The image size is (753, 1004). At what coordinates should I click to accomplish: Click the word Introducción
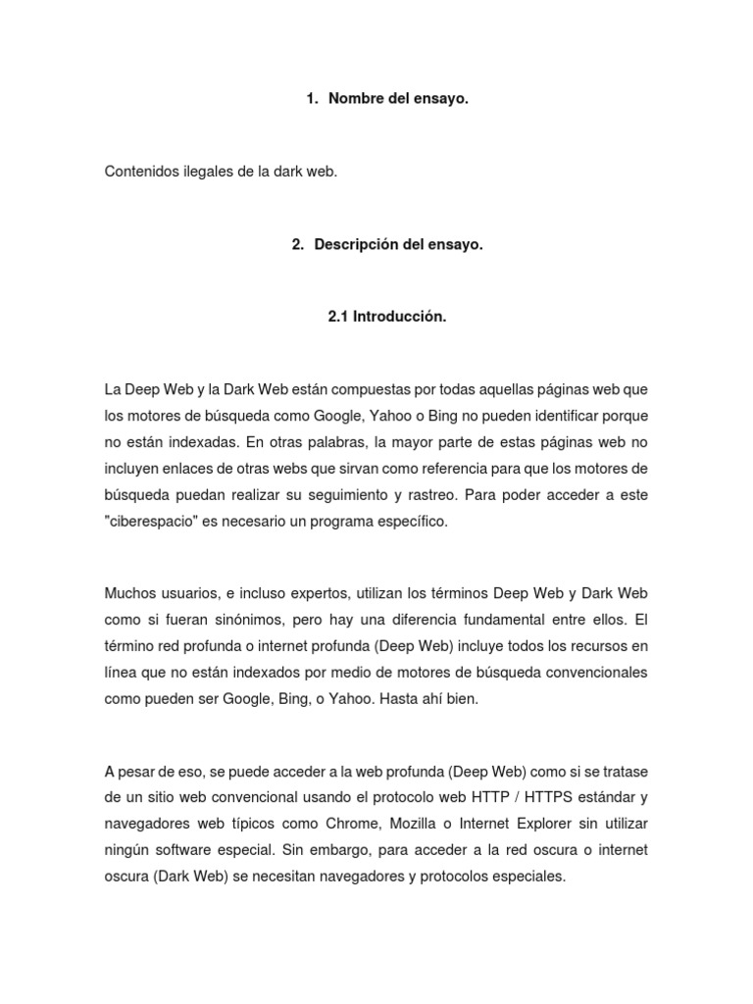(x=400, y=317)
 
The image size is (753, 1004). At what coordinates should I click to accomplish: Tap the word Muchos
(x=129, y=594)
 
